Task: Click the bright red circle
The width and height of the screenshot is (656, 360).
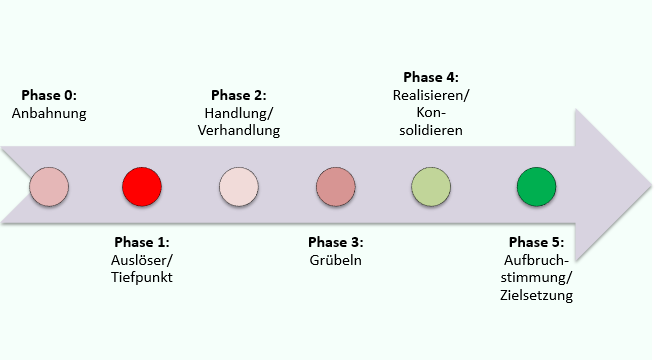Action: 142,187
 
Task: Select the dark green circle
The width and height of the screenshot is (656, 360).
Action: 536,187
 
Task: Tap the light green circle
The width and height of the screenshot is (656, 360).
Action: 431,187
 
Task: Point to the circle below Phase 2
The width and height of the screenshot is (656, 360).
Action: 239,187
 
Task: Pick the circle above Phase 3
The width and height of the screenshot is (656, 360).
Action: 336,187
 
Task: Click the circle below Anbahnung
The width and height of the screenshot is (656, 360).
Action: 49,187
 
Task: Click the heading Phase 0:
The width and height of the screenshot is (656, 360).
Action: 49,95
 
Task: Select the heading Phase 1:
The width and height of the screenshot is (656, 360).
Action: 142,242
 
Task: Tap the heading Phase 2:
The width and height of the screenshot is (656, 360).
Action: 239,95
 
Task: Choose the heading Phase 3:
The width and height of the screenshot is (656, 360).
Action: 336,242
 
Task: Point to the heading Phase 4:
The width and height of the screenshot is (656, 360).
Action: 431,77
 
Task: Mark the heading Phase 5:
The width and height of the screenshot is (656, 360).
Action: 536,242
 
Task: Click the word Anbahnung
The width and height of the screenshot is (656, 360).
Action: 49,113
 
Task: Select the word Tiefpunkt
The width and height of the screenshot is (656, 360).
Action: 142,278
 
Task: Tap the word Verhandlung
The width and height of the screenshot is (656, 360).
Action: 239,131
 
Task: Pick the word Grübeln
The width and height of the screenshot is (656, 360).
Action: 336,260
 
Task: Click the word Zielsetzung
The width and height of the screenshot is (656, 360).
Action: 536,295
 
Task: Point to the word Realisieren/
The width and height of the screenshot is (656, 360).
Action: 431,95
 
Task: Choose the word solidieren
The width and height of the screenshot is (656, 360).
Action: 431,131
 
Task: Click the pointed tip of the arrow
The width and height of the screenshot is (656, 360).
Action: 652,185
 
